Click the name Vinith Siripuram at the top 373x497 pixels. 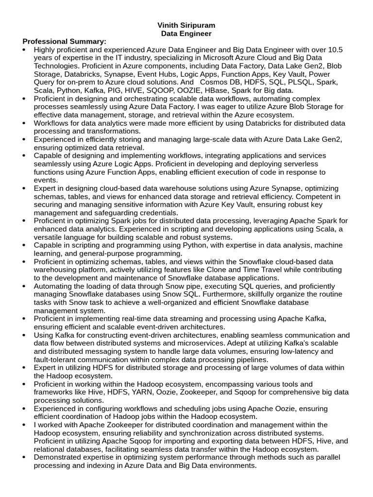point(186,25)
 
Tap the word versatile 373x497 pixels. point(50,237)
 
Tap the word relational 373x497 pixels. point(51,449)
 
